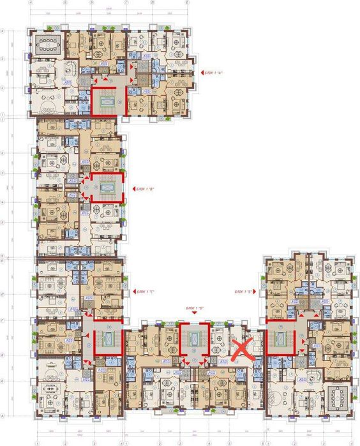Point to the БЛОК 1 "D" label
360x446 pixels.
(194, 308)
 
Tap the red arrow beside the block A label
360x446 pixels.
(202, 73)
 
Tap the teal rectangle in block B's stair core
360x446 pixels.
(105, 187)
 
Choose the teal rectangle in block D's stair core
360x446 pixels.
(193, 339)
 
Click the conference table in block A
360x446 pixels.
(47, 45)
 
